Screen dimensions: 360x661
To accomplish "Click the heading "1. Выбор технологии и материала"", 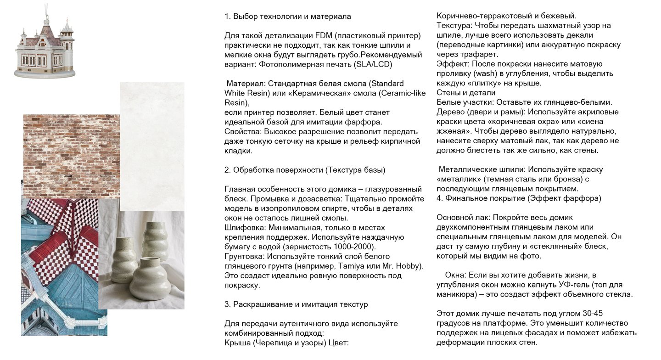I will point(288,17).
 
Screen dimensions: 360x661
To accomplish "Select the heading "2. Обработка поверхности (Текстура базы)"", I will point(305,170).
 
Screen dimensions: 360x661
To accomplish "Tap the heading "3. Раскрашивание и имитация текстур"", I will point(296,304).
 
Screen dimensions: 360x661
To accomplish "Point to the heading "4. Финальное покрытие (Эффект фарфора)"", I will point(519,198).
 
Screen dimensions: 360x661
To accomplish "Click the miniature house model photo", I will point(45,46).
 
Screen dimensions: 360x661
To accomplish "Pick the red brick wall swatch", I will point(71,154).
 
